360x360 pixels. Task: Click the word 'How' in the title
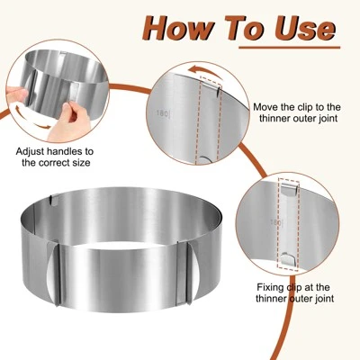(178, 28)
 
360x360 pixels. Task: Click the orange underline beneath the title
(290, 48)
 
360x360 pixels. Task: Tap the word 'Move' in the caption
(265, 107)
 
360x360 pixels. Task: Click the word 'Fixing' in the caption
(270, 287)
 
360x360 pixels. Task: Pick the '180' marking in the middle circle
(163, 113)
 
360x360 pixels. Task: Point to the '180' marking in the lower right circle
(276, 222)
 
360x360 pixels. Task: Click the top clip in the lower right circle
(290, 189)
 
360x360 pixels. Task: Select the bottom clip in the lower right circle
(289, 258)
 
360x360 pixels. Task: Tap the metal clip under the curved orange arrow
(211, 88)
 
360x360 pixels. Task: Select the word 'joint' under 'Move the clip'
(326, 119)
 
